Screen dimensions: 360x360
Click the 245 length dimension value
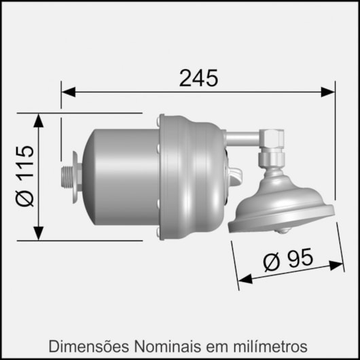coord(198,78)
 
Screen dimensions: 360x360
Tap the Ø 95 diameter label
coord(287,259)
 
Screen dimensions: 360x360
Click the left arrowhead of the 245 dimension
coord(67,91)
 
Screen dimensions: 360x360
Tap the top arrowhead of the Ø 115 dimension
coord(38,120)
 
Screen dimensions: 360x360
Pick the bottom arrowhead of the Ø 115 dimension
coord(38,233)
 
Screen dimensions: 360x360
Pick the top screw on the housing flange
coord(161,120)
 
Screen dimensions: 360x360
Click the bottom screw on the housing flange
coord(160,233)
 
